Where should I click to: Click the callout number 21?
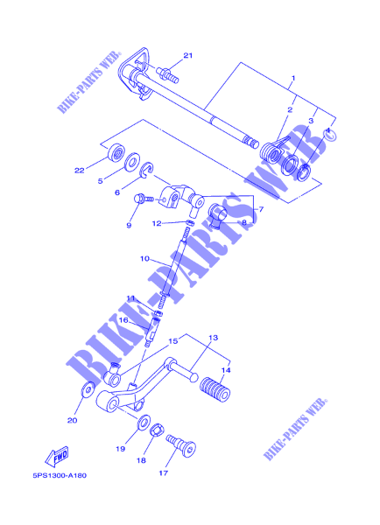[x=188, y=56]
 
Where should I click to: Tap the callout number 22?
[x=79, y=171]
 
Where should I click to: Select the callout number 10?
[x=144, y=259]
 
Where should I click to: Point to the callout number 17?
[x=163, y=473]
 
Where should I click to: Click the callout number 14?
[x=226, y=370]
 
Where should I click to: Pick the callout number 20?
[x=73, y=421]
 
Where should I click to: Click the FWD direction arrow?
[x=57, y=457]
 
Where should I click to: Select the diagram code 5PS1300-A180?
[x=60, y=475]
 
